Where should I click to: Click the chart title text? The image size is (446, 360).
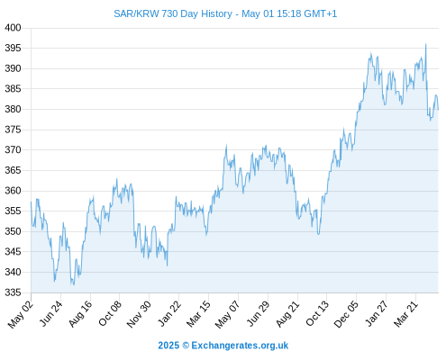[x=225, y=13]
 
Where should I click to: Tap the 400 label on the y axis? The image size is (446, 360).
[x=13, y=28]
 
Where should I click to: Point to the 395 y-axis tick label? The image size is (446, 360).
[x=13, y=48]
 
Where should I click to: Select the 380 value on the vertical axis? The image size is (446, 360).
[x=13, y=109]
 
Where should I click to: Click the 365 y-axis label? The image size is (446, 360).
[x=13, y=170]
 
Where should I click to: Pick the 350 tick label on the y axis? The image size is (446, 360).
[x=13, y=231]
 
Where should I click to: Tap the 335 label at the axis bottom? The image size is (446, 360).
[x=13, y=292]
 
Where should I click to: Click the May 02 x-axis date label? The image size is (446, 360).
[x=21, y=314]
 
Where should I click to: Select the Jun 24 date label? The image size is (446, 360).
[x=51, y=313]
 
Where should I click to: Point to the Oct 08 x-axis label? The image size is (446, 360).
[x=110, y=313]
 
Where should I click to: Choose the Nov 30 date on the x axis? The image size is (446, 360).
[x=139, y=314]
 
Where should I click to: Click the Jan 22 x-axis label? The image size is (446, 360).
[x=169, y=313]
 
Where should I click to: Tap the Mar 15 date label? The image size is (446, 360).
[x=198, y=314]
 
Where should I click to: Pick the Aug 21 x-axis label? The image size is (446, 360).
[x=287, y=314]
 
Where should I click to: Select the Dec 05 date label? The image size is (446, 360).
[x=346, y=314]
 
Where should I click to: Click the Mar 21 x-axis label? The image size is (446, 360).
[x=405, y=314]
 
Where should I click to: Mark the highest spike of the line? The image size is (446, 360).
[x=425, y=44]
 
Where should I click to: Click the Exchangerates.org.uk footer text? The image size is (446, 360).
[x=240, y=346]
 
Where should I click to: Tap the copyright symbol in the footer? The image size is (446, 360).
[x=186, y=346]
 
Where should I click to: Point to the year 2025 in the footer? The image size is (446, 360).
[x=168, y=346]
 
